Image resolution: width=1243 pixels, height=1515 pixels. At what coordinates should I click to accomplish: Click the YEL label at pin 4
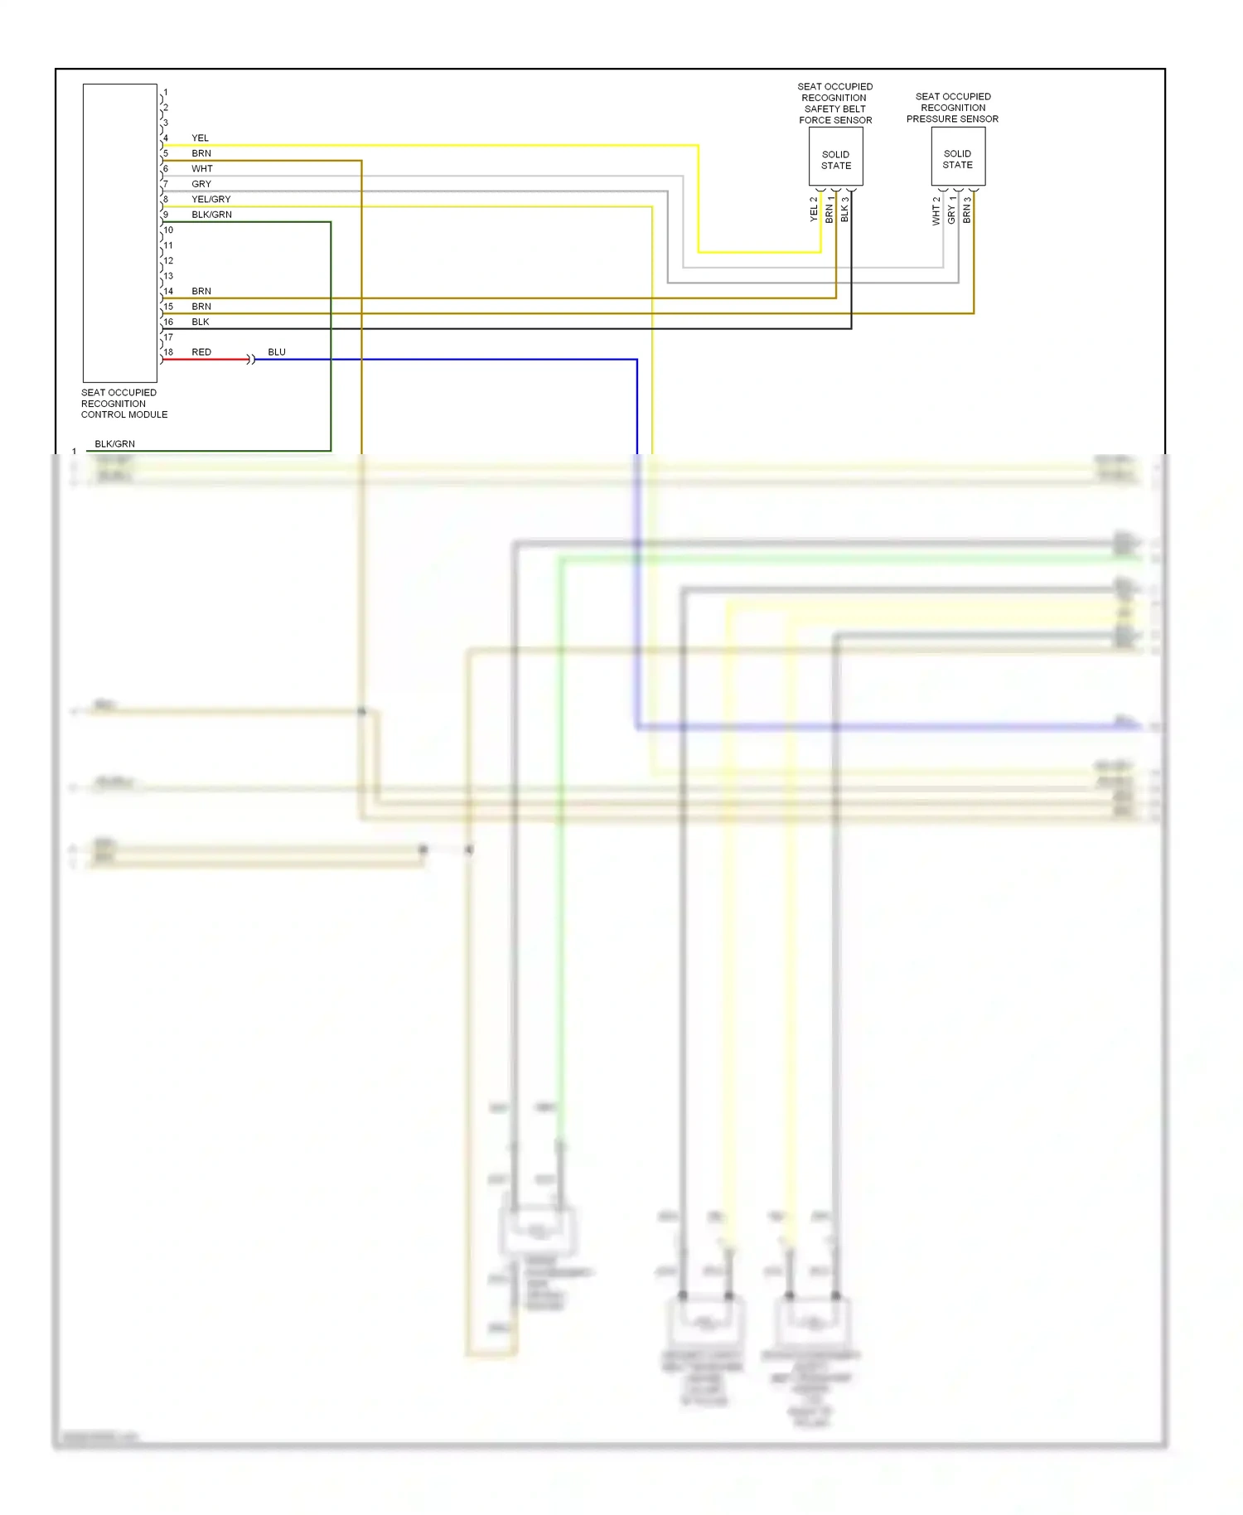click(200, 138)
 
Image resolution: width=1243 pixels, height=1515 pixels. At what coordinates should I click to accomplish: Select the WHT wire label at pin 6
click(201, 169)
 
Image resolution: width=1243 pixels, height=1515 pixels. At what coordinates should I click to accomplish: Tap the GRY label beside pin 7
click(201, 184)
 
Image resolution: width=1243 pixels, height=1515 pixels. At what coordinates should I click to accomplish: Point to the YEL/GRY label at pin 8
click(210, 200)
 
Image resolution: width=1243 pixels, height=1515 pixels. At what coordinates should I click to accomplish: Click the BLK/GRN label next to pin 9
click(211, 215)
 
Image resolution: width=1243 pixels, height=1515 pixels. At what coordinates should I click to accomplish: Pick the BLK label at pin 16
click(201, 322)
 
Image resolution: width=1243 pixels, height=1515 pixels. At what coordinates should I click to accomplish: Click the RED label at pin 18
click(201, 352)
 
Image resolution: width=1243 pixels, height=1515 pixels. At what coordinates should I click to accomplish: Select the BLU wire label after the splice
click(277, 352)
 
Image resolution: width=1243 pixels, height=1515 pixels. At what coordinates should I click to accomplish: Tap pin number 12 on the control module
click(168, 261)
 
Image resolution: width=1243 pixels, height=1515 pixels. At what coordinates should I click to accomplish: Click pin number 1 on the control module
click(166, 93)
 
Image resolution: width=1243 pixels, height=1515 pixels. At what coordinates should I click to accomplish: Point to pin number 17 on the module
click(168, 337)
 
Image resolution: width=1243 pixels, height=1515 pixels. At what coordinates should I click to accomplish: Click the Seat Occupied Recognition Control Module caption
click(123, 404)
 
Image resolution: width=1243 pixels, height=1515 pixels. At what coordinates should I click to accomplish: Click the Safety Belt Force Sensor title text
click(834, 104)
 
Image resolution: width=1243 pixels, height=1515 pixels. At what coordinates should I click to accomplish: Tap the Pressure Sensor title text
click(952, 108)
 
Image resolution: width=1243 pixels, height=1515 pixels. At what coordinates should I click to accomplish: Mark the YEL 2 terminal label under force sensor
click(814, 209)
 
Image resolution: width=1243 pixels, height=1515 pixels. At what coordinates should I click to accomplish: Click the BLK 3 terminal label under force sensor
click(844, 209)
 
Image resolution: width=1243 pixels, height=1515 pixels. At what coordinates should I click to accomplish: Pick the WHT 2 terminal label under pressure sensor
click(936, 211)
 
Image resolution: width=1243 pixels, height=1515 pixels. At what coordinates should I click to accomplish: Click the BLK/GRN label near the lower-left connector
click(114, 444)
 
